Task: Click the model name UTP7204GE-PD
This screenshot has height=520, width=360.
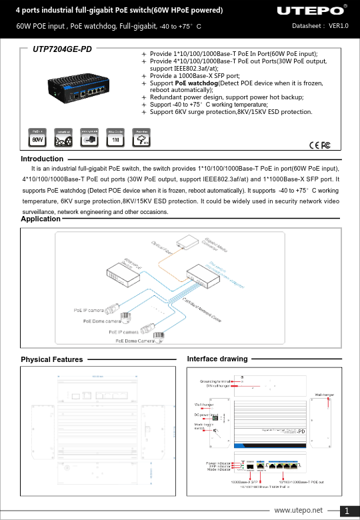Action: point(63,50)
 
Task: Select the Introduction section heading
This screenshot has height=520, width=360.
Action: point(42,159)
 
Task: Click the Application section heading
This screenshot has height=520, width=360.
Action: point(41,219)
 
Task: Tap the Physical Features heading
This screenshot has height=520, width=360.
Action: point(52,359)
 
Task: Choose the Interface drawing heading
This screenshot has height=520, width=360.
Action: point(217,359)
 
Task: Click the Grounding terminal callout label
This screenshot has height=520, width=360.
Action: point(215,381)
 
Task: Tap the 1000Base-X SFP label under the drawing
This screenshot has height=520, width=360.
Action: point(244,481)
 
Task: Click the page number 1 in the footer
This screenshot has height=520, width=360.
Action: point(347,511)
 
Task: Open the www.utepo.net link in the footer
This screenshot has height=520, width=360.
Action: point(303,511)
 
